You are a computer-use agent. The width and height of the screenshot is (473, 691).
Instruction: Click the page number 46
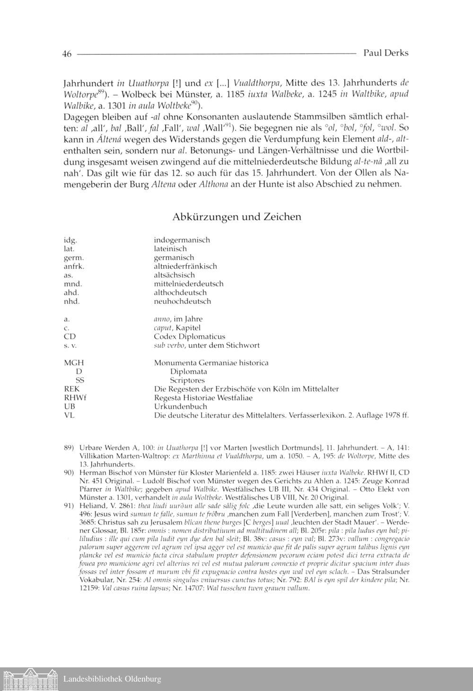pos(67,54)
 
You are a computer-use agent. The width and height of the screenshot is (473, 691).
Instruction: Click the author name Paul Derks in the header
pos(385,53)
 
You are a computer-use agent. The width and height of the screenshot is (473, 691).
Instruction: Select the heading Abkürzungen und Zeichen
pos(236,217)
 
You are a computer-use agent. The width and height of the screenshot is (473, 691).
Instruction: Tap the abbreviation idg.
pos(70,240)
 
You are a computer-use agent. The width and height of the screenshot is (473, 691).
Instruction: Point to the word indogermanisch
pos(182,240)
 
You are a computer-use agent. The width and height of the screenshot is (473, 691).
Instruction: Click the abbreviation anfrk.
pos(74,266)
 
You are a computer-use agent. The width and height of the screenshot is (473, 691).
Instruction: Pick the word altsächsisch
pos(174,275)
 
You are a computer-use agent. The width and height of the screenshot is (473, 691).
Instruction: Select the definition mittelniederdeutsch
pos(188,284)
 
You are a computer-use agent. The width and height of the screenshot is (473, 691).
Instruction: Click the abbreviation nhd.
pos(71,302)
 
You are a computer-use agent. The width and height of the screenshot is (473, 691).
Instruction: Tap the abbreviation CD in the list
pos(70,337)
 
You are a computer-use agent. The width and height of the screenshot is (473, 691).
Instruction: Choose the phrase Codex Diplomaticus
pos(189,337)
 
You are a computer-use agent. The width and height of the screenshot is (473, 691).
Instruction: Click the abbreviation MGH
pos(74,363)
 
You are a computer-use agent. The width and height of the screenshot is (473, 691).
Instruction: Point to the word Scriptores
pos(187,380)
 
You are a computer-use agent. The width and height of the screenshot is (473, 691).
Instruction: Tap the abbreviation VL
pos(69,415)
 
